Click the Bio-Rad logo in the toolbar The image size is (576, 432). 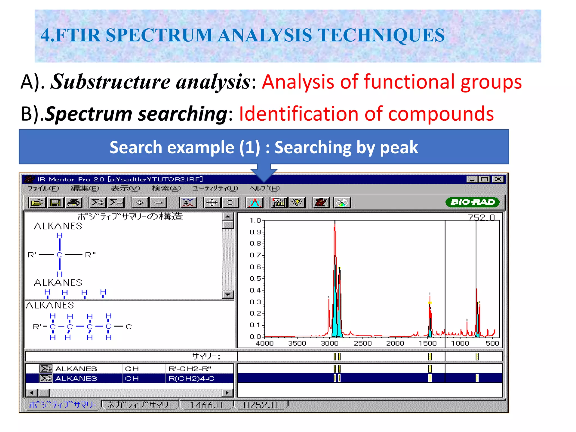(472, 202)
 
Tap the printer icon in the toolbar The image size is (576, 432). (73, 202)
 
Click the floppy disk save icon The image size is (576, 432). (55, 202)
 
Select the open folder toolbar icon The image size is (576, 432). (37, 202)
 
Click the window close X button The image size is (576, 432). (498, 179)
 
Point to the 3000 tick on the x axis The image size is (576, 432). (330, 343)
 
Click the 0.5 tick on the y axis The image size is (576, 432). (256, 278)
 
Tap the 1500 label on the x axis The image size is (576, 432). (427, 343)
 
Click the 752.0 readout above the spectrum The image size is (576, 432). (481, 217)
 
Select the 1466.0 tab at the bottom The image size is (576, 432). (206, 405)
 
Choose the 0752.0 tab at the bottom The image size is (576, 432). (260, 405)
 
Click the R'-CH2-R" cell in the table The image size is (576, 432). (190, 369)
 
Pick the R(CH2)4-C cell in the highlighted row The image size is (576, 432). (191, 379)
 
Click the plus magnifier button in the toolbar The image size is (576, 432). (140, 202)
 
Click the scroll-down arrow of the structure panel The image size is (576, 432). (228, 294)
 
